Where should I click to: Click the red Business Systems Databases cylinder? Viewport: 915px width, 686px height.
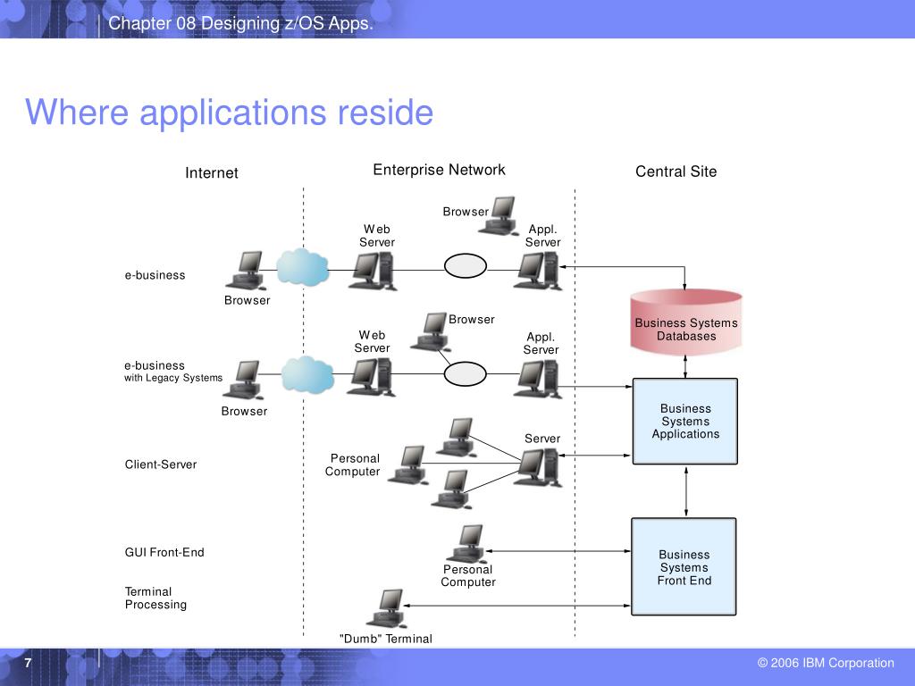pyautogui.click(x=685, y=322)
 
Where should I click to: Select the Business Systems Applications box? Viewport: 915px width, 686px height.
pyautogui.click(x=685, y=422)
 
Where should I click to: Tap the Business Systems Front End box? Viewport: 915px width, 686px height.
pyautogui.click(x=684, y=567)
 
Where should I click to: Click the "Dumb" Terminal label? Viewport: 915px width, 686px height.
pyautogui.click(x=386, y=639)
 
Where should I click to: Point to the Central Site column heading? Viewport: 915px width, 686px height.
pyautogui.click(x=676, y=171)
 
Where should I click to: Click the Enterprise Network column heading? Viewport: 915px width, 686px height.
pyautogui.click(x=439, y=170)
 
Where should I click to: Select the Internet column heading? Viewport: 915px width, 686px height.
pyautogui.click(x=211, y=172)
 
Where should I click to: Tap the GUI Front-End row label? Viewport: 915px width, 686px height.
pyautogui.click(x=164, y=552)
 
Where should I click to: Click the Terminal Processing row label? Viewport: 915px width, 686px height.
pyautogui.click(x=155, y=598)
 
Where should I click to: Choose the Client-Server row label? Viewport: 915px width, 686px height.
pyautogui.click(x=161, y=464)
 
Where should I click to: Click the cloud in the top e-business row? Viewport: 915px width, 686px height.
pyautogui.click(x=302, y=267)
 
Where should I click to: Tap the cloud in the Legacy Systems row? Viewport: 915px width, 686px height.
pyautogui.click(x=307, y=374)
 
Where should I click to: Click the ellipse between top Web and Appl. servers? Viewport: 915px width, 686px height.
pyautogui.click(x=465, y=266)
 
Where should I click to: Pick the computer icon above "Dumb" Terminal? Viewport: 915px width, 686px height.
pyautogui.click(x=386, y=608)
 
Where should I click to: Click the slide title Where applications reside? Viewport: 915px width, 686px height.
pyautogui.click(x=230, y=112)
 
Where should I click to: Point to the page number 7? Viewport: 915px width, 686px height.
pyautogui.click(x=28, y=663)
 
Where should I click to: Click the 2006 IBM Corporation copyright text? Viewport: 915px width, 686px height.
pyautogui.click(x=826, y=663)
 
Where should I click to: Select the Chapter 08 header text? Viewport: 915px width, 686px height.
pyautogui.click(x=240, y=23)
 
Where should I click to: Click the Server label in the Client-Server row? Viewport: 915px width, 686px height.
pyautogui.click(x=542, y=439)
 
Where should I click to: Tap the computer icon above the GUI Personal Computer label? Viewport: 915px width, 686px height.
pyautogui.click(x=466, y=544)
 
